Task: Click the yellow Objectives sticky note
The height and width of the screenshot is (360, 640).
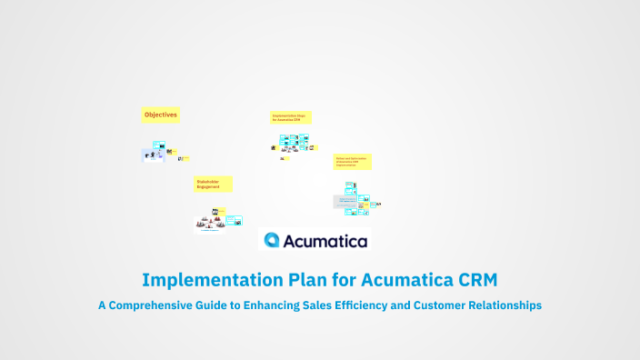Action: click(x=160, y=115)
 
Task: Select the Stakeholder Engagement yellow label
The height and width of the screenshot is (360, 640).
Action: click(x=213, y=184)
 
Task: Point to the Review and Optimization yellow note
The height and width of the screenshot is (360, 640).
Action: click(x=353, y=162)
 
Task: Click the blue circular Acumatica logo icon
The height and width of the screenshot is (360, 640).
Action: click(x=273, y=240)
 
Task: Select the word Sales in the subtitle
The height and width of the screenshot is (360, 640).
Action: click(x=315, y=305)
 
